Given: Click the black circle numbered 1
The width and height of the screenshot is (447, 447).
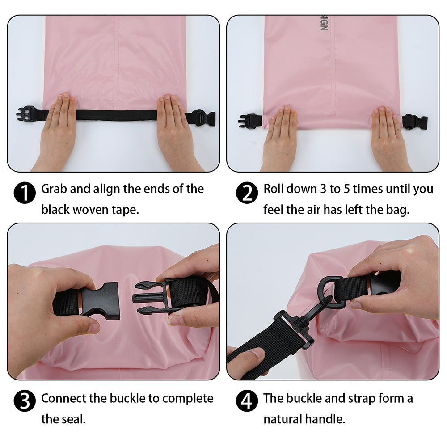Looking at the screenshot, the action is pos(25,193).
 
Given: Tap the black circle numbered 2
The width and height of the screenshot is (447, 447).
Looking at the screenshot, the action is pos(247,193).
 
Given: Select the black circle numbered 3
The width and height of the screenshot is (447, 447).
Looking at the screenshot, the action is pos(25,401).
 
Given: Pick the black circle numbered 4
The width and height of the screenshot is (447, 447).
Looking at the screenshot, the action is pos(247,401).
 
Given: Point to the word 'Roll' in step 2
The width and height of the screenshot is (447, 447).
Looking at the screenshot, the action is pos(274,189).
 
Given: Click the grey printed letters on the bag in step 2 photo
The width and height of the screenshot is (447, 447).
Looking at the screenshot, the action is pos(324,23).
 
